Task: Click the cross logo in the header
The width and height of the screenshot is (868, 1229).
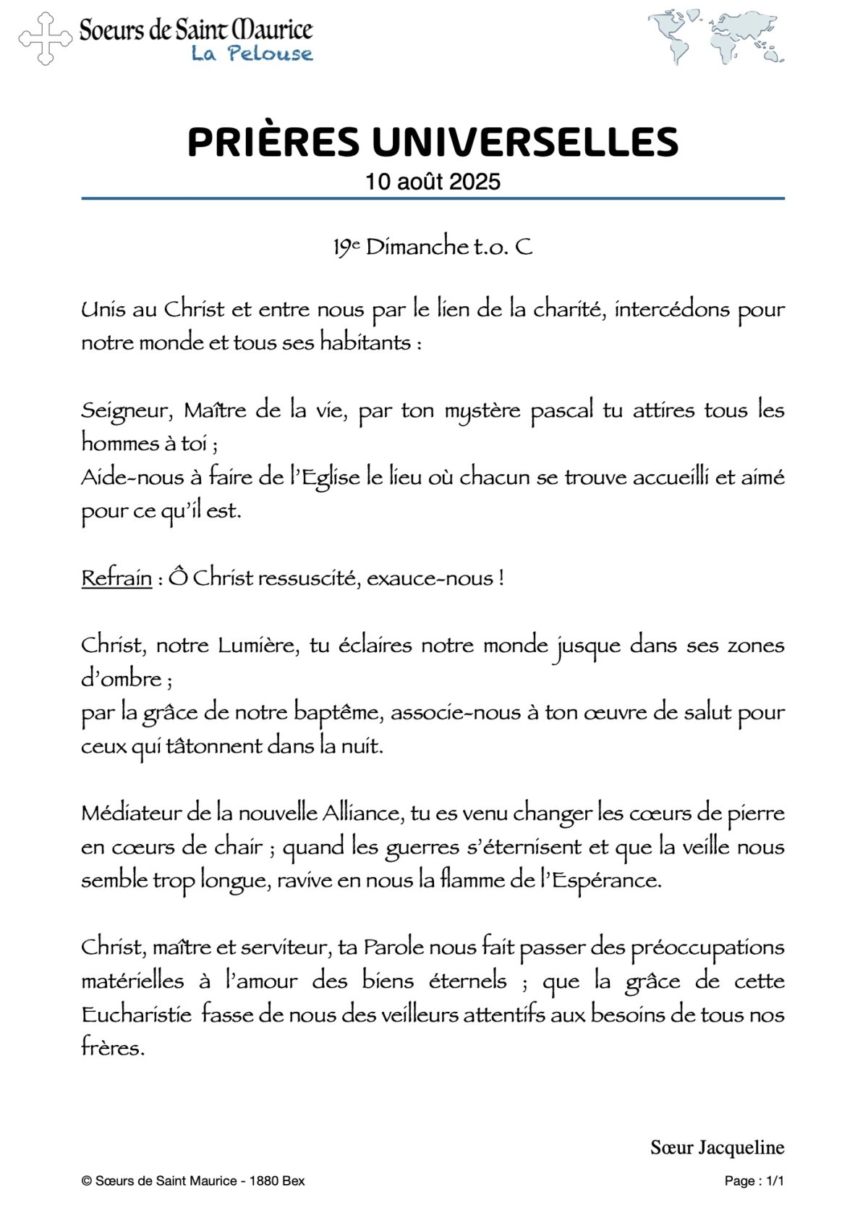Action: (x=46, y=38)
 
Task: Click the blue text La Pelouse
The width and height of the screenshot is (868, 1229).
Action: (x=252, y=53)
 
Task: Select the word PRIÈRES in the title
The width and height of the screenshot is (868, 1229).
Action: (x=273, y=142)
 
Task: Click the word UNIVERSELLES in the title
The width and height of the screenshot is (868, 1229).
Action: (x=525, y=142)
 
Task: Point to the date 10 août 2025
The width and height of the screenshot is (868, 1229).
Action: (x=433, y=181)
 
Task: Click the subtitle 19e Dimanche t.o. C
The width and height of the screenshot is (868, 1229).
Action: (x=433, y=247)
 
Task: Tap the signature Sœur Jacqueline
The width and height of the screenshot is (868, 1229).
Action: (x=717, y=1147)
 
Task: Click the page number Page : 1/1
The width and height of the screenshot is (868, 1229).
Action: (x=754, y=1181)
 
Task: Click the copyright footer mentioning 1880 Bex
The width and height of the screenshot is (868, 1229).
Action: (x=193, y=1181)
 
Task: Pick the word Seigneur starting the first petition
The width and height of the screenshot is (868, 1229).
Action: (x=125, y=411)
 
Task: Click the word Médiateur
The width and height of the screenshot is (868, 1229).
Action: (x=132, y=813)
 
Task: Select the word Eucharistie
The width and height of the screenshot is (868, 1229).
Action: (x=137, y=1014)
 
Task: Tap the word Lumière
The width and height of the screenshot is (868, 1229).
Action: (x=258, y=645)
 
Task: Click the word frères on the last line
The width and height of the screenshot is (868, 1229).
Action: (x=112, y=1047)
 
